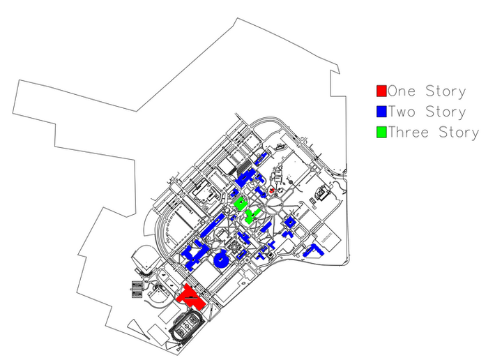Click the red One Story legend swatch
coord(381,91)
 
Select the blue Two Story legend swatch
coord(381,112)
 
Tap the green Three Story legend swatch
coord(381,133)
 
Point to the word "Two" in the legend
coord(402,112)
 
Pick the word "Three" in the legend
coord(408,133)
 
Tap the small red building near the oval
coord(272,190)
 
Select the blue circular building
coord(221,259)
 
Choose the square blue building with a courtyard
coord(290,222)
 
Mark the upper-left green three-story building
coord(240,204)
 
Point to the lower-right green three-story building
coord(252,216)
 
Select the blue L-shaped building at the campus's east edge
coord(313,250)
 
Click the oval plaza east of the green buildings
coord(275,204)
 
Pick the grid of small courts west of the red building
coord(137,290)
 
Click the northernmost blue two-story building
coord(261,158)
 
